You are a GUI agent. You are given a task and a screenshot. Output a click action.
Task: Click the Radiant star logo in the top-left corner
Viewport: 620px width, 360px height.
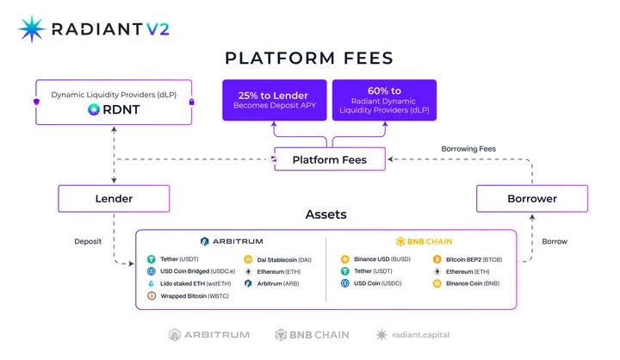pos(32,28)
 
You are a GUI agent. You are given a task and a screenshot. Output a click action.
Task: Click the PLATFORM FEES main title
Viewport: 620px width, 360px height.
pos(309,59)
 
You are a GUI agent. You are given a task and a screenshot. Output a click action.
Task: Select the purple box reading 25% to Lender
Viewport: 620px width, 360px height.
pos(274,99)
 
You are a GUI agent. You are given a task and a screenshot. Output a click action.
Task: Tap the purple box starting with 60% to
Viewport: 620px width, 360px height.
pos(384,100)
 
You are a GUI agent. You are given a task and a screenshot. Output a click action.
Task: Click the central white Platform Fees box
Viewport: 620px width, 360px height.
pos(329,159)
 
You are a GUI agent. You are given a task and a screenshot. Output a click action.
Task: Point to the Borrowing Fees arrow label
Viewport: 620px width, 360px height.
pos(469,149)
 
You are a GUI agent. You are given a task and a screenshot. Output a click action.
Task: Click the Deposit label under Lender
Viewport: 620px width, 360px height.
pos(88,242)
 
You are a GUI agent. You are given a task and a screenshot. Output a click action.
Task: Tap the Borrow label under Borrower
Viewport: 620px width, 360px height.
pos(555,242)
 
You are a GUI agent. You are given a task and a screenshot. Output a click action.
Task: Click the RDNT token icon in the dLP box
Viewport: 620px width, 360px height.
pos(94,109)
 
